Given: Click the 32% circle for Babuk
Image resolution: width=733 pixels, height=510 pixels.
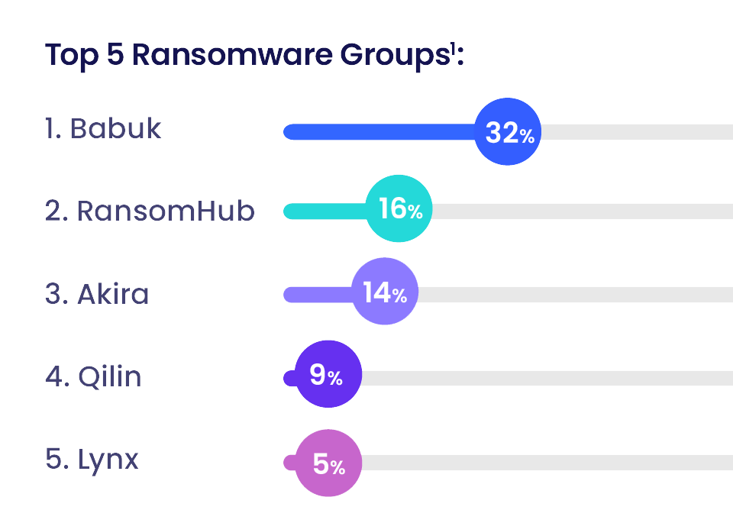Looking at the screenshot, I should pos(507,131).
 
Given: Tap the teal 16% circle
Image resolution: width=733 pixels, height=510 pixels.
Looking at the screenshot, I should pos(399,209).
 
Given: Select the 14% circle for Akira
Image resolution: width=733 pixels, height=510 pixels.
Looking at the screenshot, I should pos(385,292).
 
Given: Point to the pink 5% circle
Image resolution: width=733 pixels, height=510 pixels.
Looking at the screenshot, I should pos(328,463).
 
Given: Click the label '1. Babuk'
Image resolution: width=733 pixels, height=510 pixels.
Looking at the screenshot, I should pos(103,128).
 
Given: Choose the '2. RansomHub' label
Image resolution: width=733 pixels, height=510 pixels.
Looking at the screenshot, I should pos(150,210).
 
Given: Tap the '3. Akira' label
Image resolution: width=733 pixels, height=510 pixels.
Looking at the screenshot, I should pos(97,293).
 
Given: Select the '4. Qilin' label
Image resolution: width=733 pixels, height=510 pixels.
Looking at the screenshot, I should pos(93,376).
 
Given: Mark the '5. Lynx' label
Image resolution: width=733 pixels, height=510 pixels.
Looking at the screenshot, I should pos(92,460).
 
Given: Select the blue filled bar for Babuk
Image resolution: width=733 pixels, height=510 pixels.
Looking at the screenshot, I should pos(378,132).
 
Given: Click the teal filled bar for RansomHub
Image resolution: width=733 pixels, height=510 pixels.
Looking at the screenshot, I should pos(325,211).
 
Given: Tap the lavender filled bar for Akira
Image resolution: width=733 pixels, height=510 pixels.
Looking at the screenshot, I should pos(317,294).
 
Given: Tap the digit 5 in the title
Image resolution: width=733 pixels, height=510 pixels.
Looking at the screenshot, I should pos(115,56).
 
